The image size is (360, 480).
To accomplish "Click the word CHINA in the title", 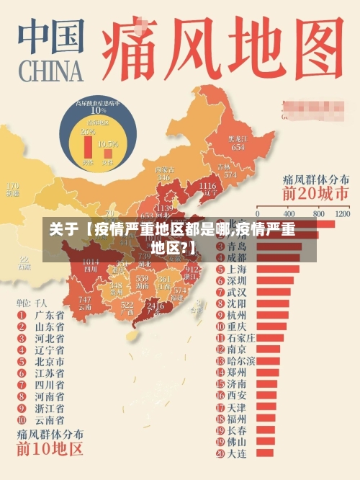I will pos(50,71).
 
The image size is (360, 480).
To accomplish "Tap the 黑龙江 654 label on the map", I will pos(237,143).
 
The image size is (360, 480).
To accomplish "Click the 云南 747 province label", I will pos(85,303).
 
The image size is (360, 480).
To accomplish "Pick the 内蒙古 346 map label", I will pos(163,173).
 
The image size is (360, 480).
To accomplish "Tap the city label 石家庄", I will pos(241,338).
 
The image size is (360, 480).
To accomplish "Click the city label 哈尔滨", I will pos(240,360).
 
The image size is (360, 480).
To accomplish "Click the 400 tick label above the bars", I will pos(289,214).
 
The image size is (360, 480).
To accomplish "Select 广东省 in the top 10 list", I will pos(49,315).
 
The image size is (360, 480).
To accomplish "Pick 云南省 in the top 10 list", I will pos(49,419).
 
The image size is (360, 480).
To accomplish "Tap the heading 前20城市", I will pos(315,194).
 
